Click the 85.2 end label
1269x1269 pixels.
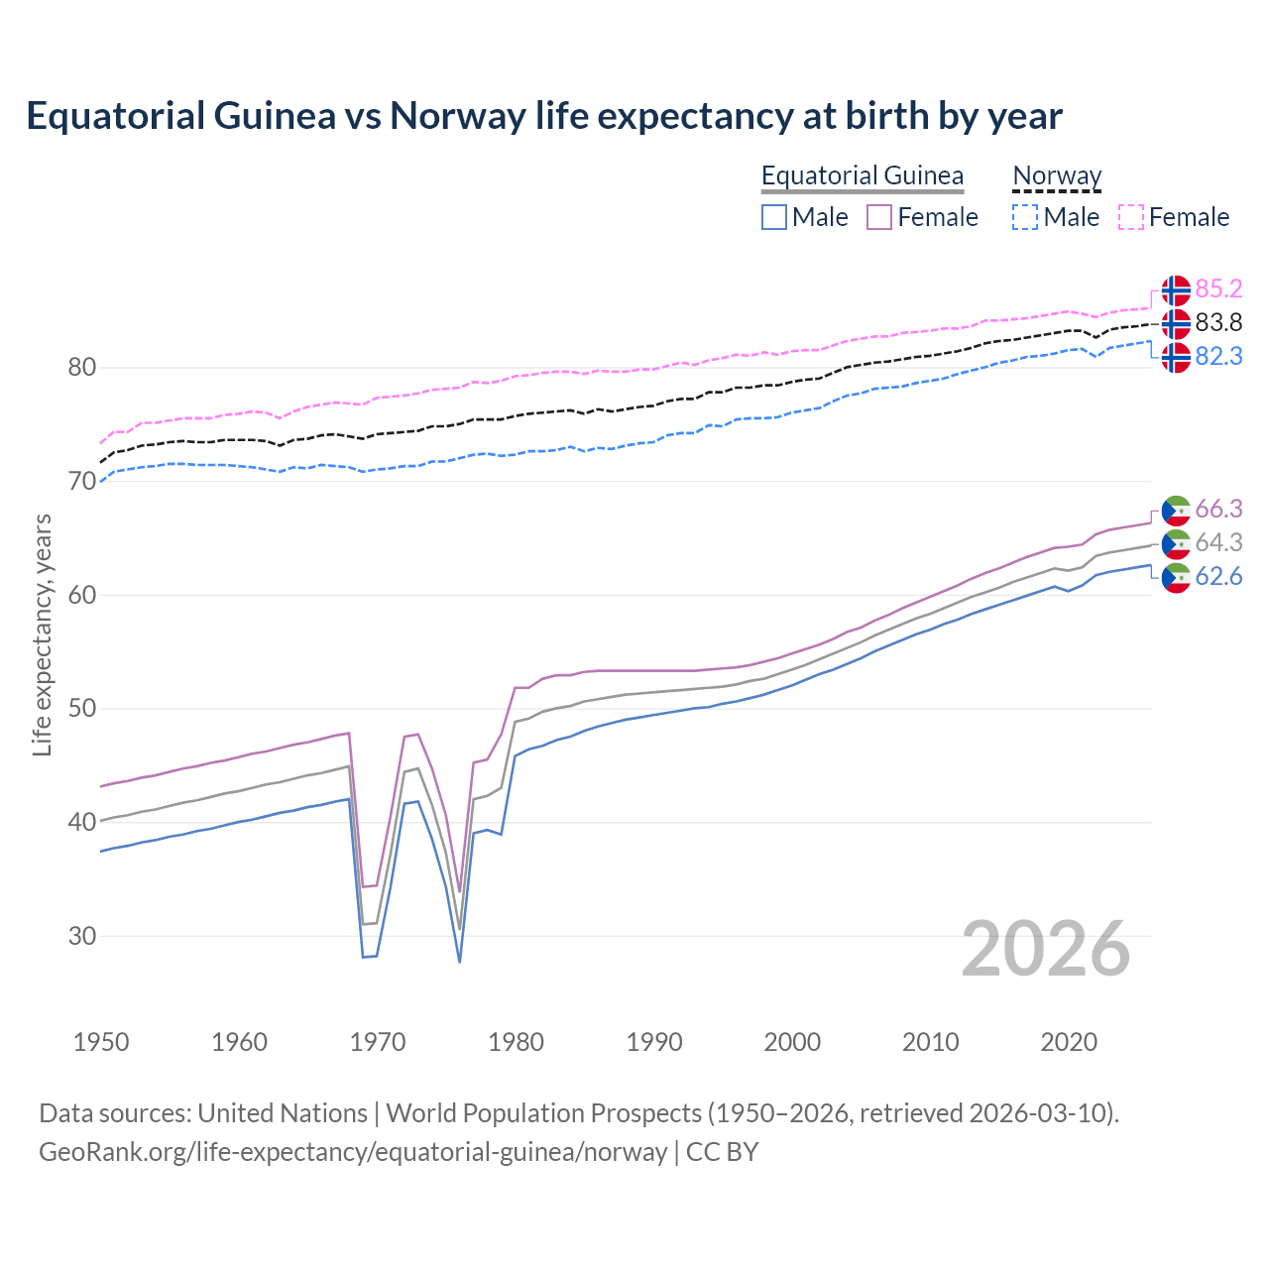pyautogui.click(x=1218, y=288)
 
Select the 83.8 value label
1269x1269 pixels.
pyautogui.click(x=1218, y=322)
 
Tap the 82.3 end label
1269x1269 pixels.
pyautogui.click(x=1218, y=356)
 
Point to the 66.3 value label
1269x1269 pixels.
pyautogui.click(x=1218, y=509)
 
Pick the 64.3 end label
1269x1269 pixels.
pyautogui.click(x=1218, y=542)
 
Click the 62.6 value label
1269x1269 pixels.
pyautogui.click(x=1218, y=576)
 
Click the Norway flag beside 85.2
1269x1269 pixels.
pyautogui.click(x=1176, y=290)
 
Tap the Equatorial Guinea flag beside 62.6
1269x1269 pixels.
pyautogui.click(x=1176, y=578)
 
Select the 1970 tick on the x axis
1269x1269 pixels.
pyautogui.click(x=378, y=1042)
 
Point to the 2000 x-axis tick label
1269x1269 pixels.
pyautogui.click(x=792, y=1042)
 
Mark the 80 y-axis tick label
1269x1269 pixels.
pyautogui.click(x=82, y=368)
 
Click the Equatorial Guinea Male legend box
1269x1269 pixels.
pyautogui.click(x=774, y=217)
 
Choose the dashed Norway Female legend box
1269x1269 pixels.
pyautogui.click(x=1131, y=217)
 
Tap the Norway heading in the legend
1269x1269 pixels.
pyautogui.click(x=1057, y=175)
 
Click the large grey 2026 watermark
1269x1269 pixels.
pyautogui.click(x=1046, y=949)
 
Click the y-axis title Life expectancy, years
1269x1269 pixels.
pyautogui.click(x=42, y=634)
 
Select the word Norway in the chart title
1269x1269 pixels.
pyautogui.click(x=457, y=116)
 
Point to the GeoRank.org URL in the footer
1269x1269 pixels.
pyautogui.click(x=352, y=1152)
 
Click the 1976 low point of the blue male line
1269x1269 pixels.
pyautogui.click(x=460, y=961)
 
